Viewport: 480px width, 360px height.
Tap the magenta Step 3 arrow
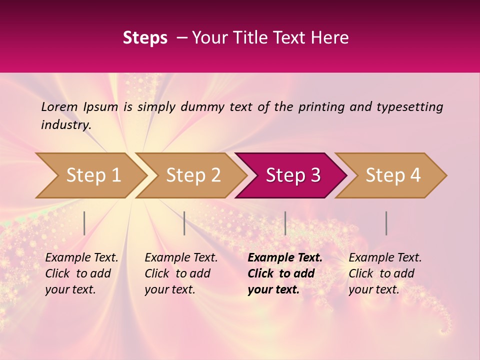coord(293,175)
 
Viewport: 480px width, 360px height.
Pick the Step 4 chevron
coord(393,175)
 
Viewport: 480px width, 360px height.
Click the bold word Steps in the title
coord(145,38)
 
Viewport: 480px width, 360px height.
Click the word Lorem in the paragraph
coord(59,106)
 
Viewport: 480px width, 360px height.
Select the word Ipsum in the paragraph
coord(100,106)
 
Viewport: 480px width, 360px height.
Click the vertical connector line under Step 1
coord(84,223)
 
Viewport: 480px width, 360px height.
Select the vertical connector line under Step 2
coord(184,223)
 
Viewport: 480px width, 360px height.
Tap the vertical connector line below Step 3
coord(285,223)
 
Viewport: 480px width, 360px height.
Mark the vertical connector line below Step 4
coord(386,223)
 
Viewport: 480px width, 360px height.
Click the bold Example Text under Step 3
coord(285,257)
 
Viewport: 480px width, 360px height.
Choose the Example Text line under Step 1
coord(81,257)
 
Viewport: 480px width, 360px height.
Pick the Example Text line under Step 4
coord(385,257)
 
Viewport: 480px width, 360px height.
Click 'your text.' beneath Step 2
coord(169,289)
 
